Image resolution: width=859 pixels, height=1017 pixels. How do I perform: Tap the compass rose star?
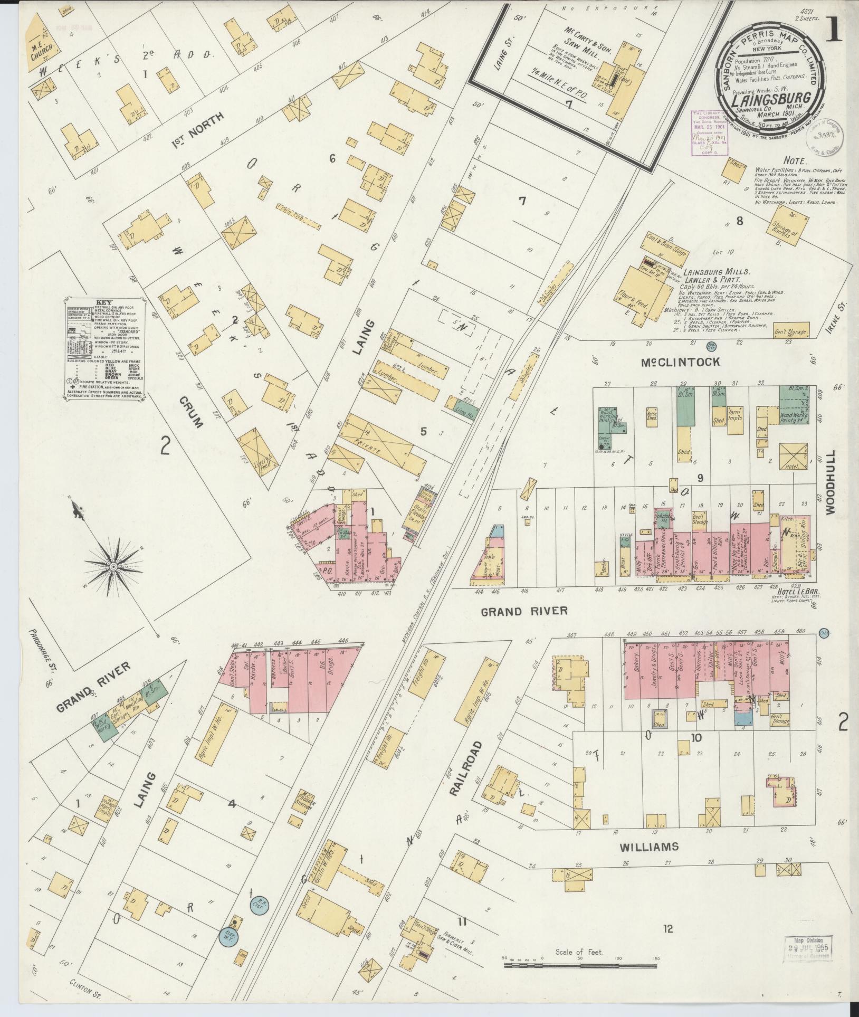tap(113, 566)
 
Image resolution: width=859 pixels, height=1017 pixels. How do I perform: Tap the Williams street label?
tap(648, 847)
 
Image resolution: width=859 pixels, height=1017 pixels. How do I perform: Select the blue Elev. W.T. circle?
tap(229, 937)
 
